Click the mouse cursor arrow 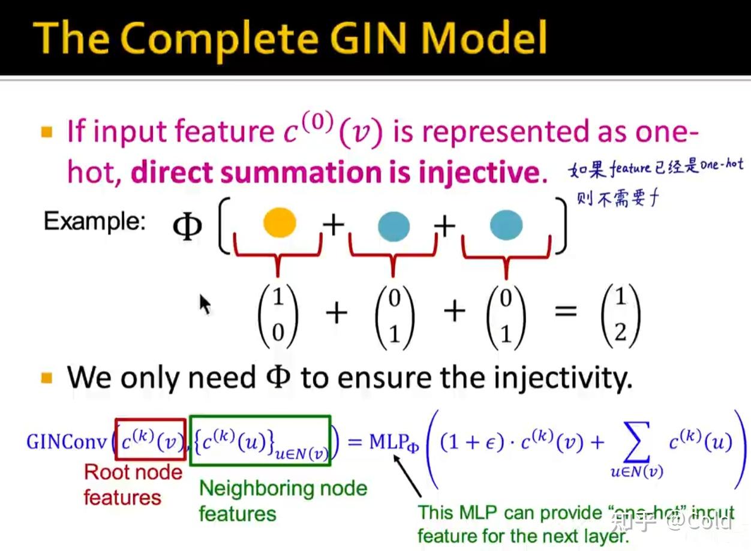pyautogui.click(x=205, y=304)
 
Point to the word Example pyautogui.click(x=94, y=222)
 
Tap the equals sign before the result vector pyautogui.click(x=566, y=311)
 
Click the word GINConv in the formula pyautogui.click(x=67, y=442)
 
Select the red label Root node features pyautogui.click(x=133, y=484)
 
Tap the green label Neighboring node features pyautogui.click(x=283, y=500)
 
